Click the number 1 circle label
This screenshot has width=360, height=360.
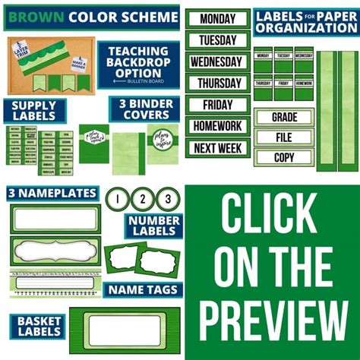pyautogui.click(x=118, y=200)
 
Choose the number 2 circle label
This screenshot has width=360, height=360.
pyautogui.click(x=143, y=200)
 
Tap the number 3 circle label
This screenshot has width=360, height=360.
pyautogui.click(x=167, y=200)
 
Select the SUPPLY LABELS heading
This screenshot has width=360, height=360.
pyautogui.click(x=33, y=110)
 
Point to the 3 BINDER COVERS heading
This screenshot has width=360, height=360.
pyautogui.click(x=144, y=109)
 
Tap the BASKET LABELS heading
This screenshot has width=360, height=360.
pyautogui.click(x=35, y=325)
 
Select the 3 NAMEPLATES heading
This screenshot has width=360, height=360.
pyautogui.click(x=52, y=193)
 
